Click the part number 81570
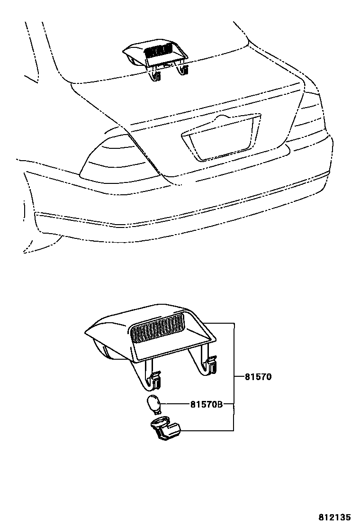pyautogui.click(x=258, y=377)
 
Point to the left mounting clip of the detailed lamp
pyautogui.click(x=153, y=377)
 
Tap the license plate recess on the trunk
pyautogui.click(x=220, y=140)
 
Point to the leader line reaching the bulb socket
pyautogui.click(x=208, y=430)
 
